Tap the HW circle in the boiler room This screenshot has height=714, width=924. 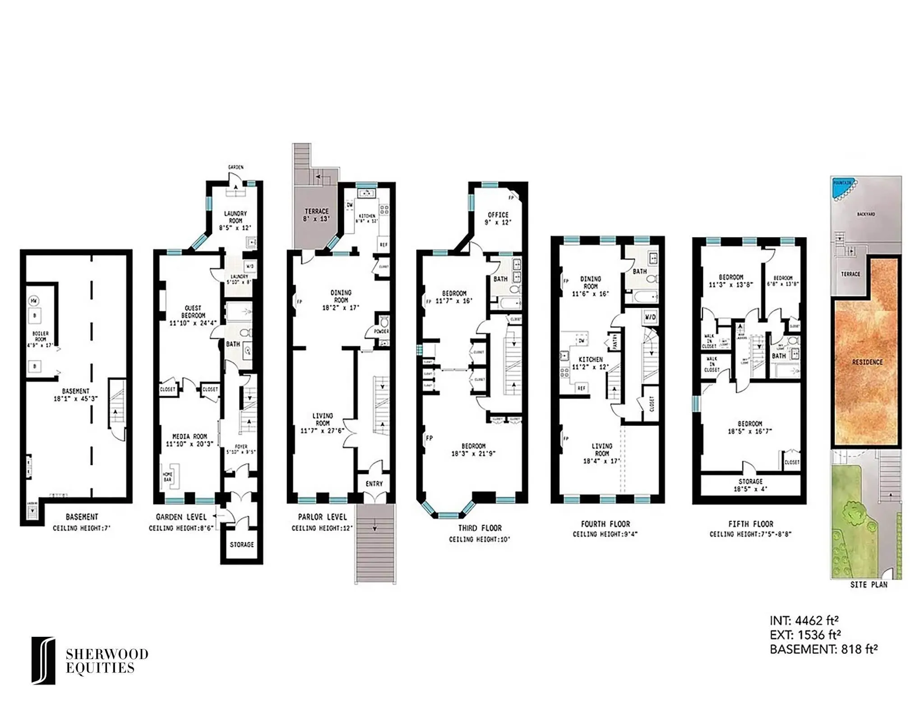[x=34, y=301]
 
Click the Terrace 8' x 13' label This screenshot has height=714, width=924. [x=316, y=215]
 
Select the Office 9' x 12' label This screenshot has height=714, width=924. [x=498, y=218]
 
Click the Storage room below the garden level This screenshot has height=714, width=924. [x=242, y=544]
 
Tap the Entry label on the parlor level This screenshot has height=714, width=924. [x=374, y=484]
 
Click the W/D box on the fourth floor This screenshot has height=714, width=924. [x=650, y=317]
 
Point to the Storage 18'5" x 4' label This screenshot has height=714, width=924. [x=750, y=485]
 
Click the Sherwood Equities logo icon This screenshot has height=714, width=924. [x=43, y=660]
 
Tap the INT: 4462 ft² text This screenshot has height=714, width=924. [x=804, y=621]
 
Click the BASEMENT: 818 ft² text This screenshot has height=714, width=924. [x=823, y=649]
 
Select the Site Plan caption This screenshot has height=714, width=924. [x=869, y=584]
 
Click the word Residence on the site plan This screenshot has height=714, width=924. [x=867, y=362]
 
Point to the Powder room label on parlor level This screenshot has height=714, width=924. [x=381, y=331]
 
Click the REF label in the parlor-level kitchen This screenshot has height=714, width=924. [x=383, y=245]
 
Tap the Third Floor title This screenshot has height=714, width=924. [x=480, y=528]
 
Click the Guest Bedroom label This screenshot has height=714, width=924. [x=193, y=315]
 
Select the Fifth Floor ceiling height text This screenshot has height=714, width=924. [x=750, y=534]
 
